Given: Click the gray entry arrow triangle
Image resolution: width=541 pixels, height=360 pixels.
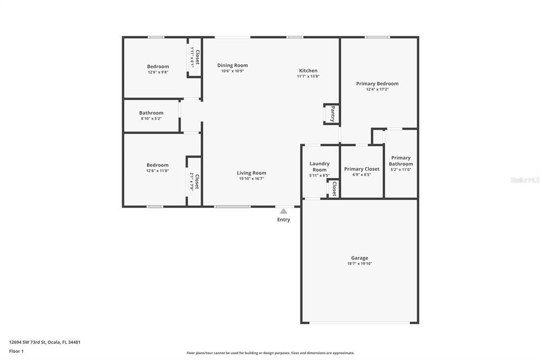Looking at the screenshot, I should (x=284, y=211).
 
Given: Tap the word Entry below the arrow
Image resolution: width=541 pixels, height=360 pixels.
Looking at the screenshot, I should (x=284, y=220).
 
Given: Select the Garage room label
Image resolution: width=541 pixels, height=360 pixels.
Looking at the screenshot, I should (x=360, y=258).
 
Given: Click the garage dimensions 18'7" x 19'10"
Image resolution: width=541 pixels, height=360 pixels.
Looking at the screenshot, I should (x=360, y=263).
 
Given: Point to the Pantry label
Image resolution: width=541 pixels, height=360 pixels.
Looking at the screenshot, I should (x=332, y=114).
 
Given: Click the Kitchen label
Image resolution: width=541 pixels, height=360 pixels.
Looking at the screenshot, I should (x=308, y=71).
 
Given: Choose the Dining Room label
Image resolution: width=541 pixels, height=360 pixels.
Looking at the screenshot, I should (x=232, y=65).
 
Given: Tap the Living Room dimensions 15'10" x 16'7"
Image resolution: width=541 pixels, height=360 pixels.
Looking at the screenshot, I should (x=251, y=178).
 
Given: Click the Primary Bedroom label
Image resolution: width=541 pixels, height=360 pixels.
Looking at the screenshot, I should (x=377, y=83).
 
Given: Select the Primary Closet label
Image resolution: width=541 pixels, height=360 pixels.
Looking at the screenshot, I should (x=362, y=169).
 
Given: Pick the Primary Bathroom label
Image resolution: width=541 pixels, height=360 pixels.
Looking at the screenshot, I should (x=401, y=161).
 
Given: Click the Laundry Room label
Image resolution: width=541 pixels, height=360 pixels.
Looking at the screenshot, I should (x=320, y=167).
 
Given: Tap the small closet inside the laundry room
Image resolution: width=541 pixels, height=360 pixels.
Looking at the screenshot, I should (x=334, y=188).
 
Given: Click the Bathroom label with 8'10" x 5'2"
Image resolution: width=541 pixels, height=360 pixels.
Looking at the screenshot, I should (x=151, y=113).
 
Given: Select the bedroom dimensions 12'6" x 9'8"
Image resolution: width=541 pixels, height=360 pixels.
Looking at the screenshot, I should (x=158, y=72).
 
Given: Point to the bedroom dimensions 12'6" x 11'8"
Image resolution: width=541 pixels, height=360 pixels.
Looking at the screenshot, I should (x=158, y=170).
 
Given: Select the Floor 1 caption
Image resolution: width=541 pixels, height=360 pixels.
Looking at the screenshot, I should (x=16, y=351).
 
